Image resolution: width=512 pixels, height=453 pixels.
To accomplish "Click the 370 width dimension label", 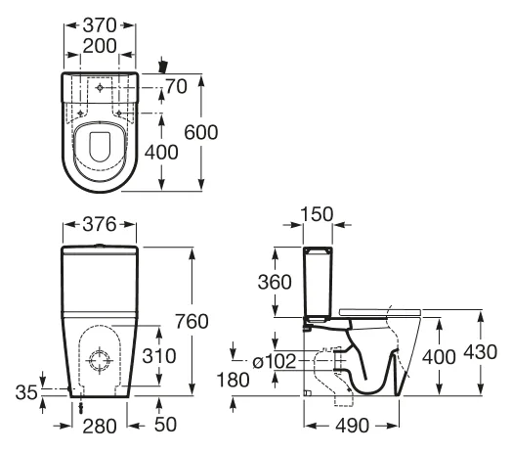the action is point(100,25).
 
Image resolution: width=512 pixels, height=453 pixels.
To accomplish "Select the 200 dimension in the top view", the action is point(100,46).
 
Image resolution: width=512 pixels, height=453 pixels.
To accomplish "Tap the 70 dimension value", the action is point(176,87).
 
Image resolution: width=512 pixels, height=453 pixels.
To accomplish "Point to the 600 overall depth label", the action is point(201,132).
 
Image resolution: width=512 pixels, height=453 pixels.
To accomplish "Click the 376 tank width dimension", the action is point(100,225).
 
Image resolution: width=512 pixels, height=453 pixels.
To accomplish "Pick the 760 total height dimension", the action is point(192,321).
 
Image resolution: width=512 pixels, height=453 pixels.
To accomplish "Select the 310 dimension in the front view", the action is point(159,356).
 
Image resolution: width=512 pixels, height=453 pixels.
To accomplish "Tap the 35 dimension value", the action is point(26,392).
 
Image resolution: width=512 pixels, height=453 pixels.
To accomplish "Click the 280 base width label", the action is point(100,427).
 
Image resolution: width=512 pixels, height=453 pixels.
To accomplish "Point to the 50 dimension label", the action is point(165,425).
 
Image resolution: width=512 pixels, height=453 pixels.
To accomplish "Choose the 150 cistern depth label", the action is point(317,214).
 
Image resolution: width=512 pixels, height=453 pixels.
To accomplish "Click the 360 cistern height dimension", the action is point(275,282).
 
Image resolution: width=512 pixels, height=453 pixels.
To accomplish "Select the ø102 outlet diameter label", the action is point(275,361).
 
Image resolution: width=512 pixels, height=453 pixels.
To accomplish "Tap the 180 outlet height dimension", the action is point(234,380).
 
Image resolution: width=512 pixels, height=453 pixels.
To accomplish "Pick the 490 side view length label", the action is point(353,426).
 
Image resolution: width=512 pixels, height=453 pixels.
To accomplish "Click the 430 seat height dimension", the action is point(481,352).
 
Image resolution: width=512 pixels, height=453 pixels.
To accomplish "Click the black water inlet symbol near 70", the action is point(162,66).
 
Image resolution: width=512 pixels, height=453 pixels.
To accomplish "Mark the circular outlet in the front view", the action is point(100,361).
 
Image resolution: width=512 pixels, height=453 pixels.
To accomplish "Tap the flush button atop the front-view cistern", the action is point(100,245).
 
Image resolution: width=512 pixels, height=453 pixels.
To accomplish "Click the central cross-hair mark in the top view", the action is point(100,88).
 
